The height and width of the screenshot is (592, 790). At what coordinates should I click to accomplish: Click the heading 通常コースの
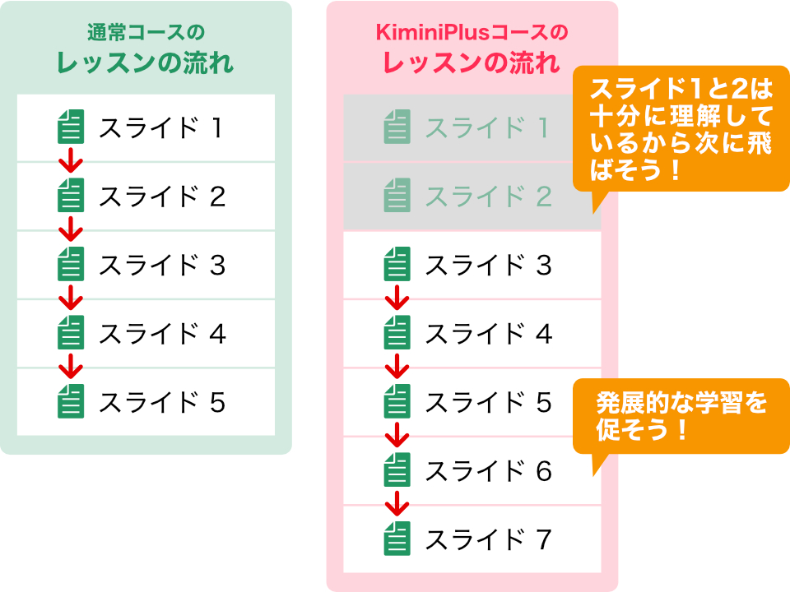[146, 34]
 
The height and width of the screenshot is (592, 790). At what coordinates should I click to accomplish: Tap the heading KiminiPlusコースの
[472, 34]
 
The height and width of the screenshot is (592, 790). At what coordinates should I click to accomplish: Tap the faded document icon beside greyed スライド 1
[397, 128]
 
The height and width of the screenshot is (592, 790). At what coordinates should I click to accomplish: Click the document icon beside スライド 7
[397, 540]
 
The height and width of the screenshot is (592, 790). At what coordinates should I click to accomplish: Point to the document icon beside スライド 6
[397, 472]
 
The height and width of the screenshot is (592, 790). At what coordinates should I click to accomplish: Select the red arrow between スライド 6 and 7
[397, 503]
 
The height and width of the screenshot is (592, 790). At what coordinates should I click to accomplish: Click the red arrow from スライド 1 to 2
[72, 160]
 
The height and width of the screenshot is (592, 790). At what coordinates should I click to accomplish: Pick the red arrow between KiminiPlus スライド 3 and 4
[397, 297]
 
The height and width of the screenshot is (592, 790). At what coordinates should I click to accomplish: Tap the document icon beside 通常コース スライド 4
[71, 335]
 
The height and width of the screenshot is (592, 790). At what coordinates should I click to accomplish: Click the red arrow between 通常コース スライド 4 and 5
[72, 366]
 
